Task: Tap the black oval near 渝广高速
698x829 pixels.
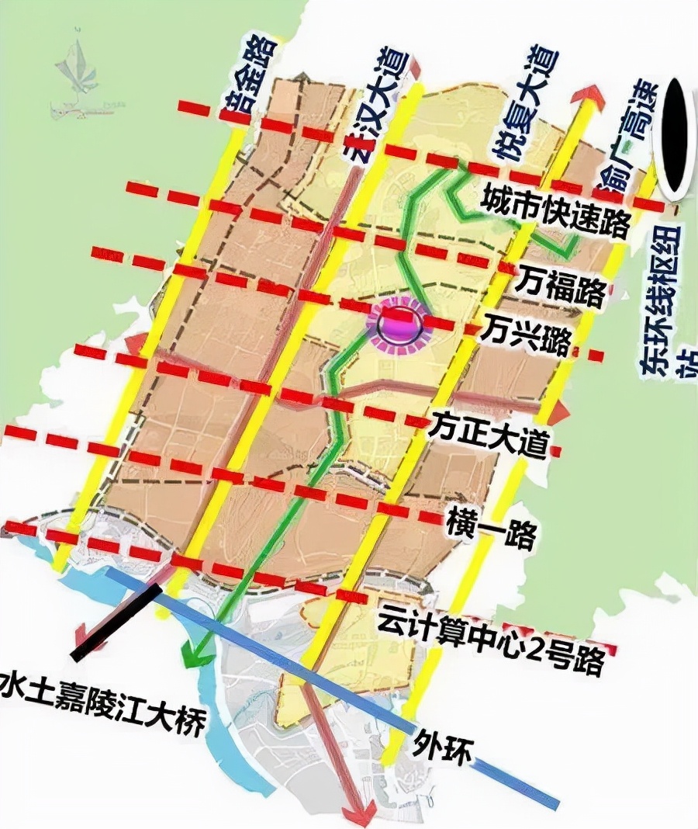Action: [672, 136]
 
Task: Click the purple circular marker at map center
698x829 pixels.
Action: [400, 326]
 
